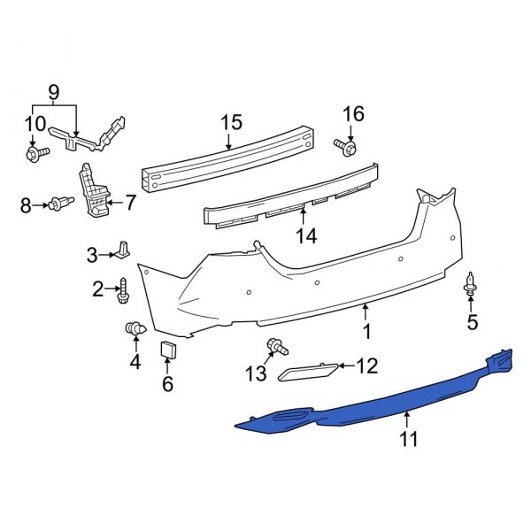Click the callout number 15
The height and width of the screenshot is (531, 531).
point(231,121)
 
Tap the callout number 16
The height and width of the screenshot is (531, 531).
point(353,114)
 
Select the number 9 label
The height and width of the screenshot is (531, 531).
point(53,91)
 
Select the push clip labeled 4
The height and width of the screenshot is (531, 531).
point(135,330)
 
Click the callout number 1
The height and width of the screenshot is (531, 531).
point(366,331)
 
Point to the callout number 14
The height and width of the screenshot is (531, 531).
point(305,235)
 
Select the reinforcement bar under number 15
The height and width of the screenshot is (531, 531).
point(230,159)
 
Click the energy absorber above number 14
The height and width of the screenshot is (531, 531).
point(292,196)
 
